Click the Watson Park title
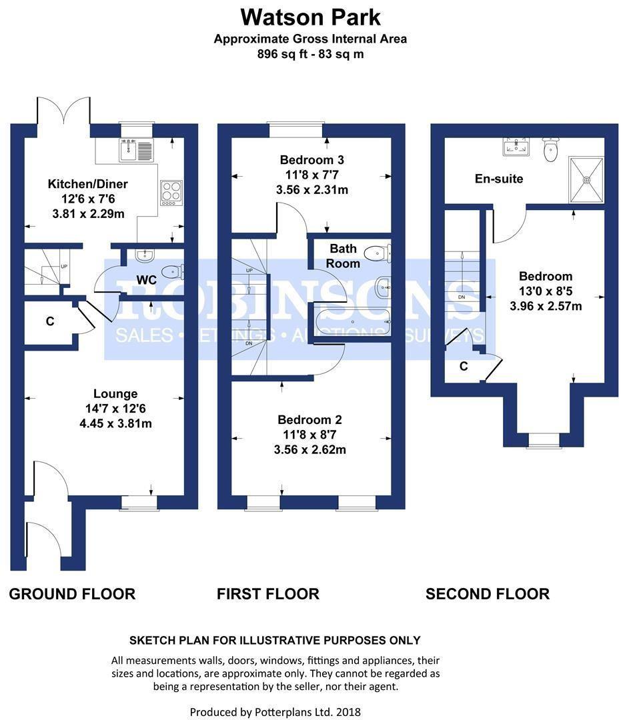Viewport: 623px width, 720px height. (310, 16)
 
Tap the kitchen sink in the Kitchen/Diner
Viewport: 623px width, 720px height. (136, 151)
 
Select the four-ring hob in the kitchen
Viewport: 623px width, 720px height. (170, 192)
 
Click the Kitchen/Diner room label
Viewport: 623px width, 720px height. (87, 184)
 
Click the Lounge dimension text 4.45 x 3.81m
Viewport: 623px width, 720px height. (115, 423)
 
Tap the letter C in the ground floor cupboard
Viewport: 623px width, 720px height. (49, 321)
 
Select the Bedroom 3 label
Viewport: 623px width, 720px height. (312, 160)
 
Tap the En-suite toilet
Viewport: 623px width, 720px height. (550, 150)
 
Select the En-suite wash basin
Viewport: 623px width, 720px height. (516, 147)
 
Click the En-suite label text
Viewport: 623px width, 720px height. (499, 179)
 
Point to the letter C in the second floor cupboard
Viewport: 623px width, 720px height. (463, 366)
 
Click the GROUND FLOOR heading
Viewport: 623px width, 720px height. (72, 593)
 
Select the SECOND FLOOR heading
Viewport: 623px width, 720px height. (488, 593)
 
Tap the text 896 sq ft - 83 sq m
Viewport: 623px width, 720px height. (310, 54)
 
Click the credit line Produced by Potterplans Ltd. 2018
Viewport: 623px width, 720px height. (275, 712)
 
